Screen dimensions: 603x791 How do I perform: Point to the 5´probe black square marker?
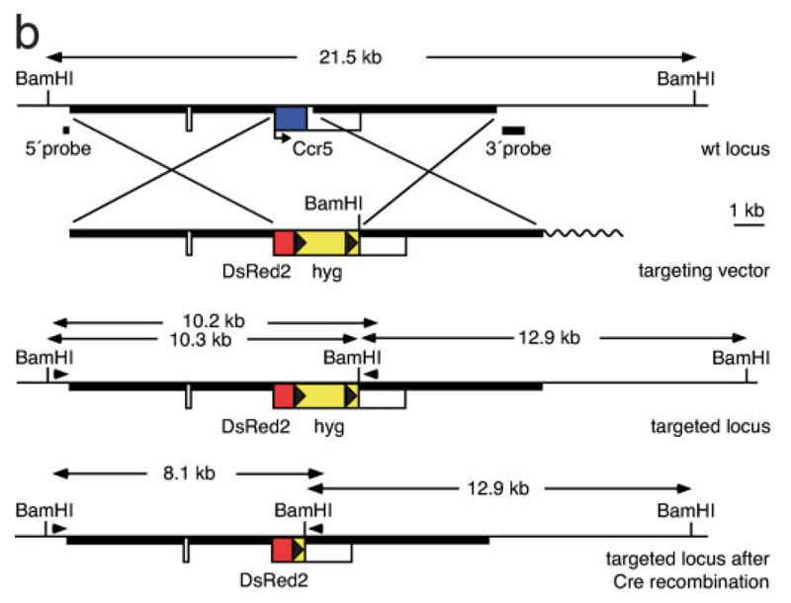point(65,129)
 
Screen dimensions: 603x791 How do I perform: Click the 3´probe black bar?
point(513,129)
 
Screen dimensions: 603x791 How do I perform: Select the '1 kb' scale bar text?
point(747,211)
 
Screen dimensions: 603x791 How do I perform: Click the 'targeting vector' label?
point(710,272)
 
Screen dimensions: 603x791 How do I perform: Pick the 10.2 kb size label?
point(209,321)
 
